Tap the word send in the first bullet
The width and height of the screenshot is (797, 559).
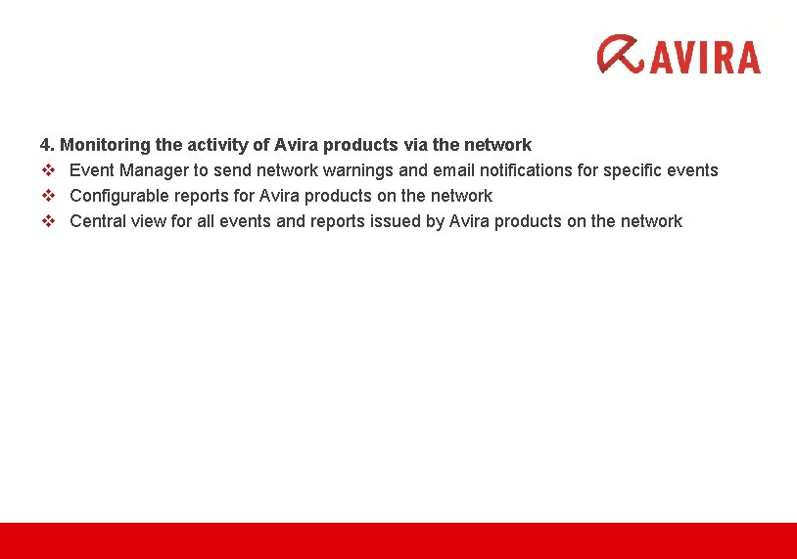(x=229, y=170)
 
